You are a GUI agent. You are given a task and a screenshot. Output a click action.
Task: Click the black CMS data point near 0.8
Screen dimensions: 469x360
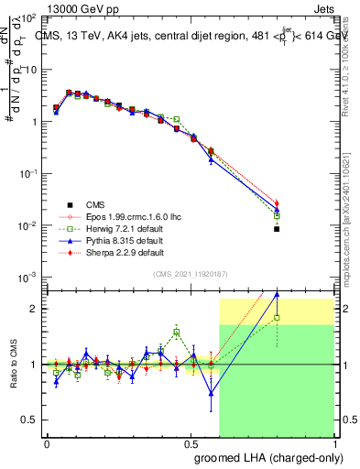(x=277, y=229)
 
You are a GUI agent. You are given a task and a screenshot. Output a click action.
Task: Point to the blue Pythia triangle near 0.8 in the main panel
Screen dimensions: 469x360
(x=277, y=210)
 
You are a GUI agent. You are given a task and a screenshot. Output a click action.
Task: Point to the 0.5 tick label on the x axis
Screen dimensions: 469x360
(x=191, y=442)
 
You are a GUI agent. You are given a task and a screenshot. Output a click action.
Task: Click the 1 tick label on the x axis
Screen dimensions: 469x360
(x=335, y=442)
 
